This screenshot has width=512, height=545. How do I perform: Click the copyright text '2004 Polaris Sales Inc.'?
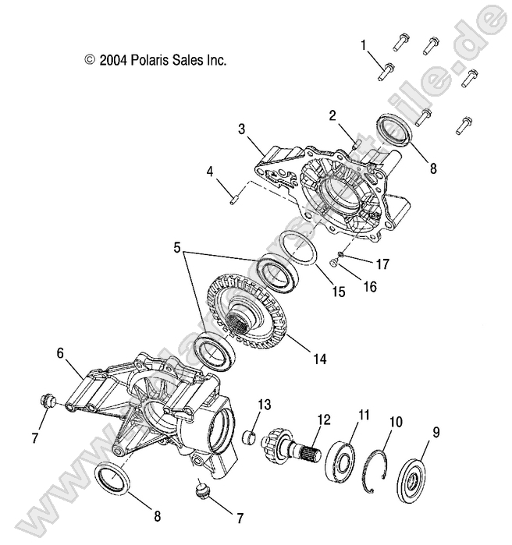coord(155,59)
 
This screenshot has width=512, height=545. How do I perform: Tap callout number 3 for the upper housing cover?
coord(242,129)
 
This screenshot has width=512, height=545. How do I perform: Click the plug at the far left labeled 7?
coord(46,402)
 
